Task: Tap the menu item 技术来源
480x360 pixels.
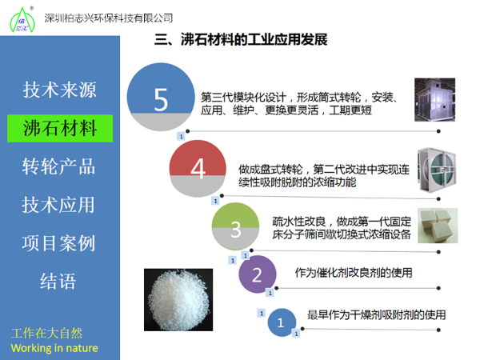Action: (59, 89)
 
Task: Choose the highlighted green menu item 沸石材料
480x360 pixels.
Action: (59, 127)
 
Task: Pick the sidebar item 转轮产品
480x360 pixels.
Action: (59, 166)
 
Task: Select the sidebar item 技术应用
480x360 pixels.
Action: (59, 204)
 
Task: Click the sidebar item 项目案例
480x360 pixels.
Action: (59, 242)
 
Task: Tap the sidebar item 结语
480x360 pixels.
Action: (59, 281)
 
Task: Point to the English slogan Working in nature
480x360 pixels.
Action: (54, 348)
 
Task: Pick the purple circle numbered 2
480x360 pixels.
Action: (257, 274)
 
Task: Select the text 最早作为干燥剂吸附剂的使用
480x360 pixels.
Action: (376, 315)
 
